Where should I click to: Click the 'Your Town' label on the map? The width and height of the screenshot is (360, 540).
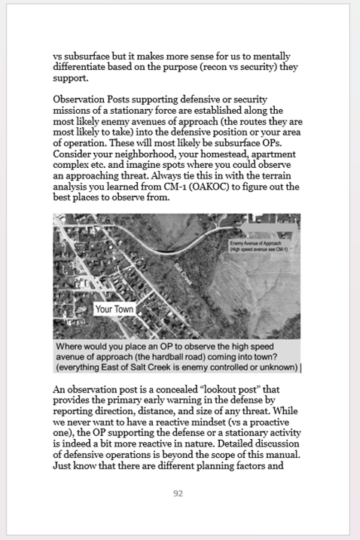pyautogui.click(x=113, y=310)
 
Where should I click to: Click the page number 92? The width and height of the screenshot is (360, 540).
pyautogui.click(x=178, y=494)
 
